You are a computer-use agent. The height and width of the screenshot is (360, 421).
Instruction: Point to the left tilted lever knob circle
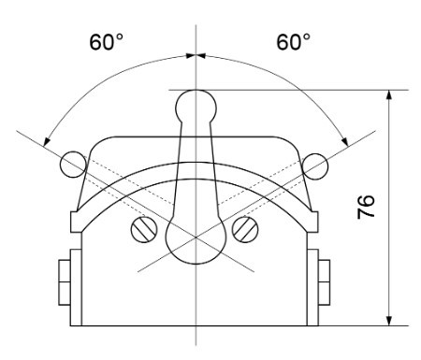pyautogui.click(x=72, y=166)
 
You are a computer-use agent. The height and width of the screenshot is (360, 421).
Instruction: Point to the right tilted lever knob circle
pyautogui.click(x=315, y=166)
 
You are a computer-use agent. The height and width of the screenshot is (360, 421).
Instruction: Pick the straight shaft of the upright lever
pyautogui.click(x=195, y=168)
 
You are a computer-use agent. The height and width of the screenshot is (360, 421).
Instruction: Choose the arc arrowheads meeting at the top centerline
pyautogui.click(x=195, y=54)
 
